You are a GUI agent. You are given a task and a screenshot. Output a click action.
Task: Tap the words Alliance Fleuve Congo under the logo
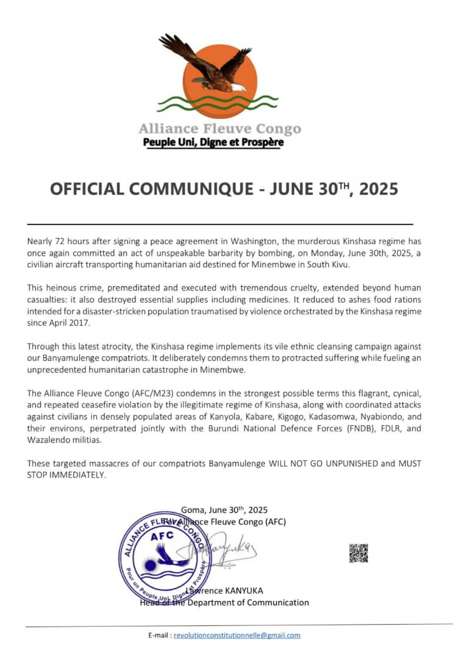(219, 129)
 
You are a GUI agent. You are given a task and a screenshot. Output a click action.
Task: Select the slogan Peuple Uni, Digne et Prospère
(213, 143)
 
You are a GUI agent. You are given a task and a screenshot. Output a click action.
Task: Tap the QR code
(358, 553)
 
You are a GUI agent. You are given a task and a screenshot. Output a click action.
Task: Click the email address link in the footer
(237, 635)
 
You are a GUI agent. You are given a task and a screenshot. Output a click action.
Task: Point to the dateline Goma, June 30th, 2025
(224, 510)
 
